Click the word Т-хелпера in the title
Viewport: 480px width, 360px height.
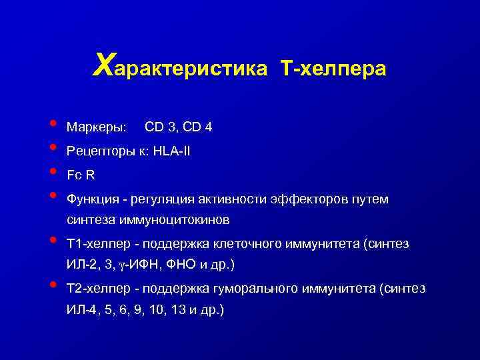[x=334, y=69]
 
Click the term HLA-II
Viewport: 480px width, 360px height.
[x=171, y=151]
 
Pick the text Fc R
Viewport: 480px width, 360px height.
[x=79, y=175]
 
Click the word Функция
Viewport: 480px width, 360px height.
[x=91, y=199]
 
